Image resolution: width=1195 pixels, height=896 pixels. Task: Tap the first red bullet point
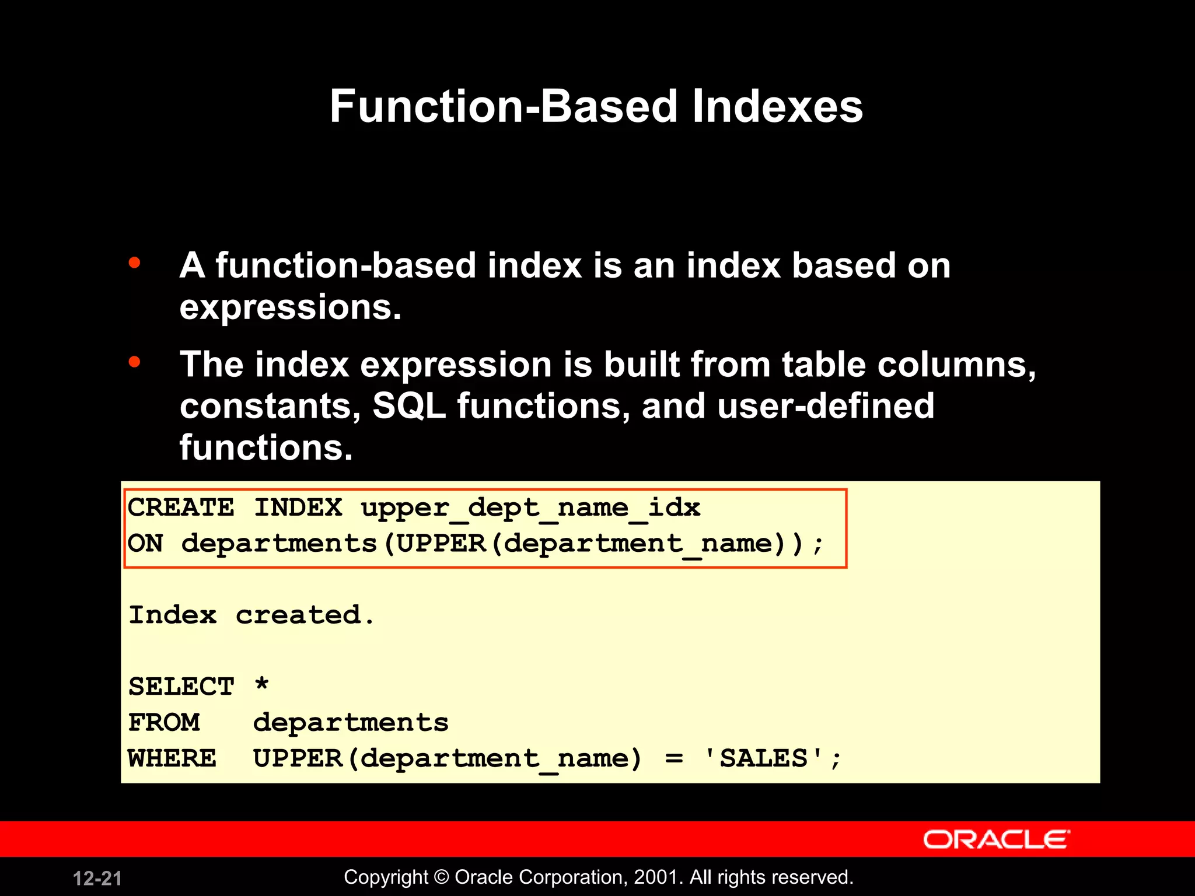tap(135, 263)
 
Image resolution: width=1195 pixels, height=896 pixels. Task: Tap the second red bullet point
tap(135, 362)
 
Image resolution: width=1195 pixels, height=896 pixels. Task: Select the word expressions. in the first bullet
tap(290, 308)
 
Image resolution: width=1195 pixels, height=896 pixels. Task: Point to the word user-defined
tap(825, 406)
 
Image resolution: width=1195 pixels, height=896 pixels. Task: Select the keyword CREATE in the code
tap(181, 508)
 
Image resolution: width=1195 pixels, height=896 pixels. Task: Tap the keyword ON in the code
tap(145, 544)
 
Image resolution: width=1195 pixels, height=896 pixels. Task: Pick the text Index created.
tap(251, 615)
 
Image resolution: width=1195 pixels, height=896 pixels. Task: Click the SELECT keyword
tap(181, 687)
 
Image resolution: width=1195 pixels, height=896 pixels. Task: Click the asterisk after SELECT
tap(261, 684)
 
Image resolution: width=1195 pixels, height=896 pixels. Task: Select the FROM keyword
tap(164, 723)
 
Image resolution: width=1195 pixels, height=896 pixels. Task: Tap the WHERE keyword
tap(172, 758)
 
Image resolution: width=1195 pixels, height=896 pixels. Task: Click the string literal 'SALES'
tap(764, 758)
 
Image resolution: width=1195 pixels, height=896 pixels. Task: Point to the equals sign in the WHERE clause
tap(674, 759)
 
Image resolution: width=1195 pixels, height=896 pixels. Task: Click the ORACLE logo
tap(996, 839)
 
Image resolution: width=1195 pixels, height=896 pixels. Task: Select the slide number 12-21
tap(97, 878)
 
